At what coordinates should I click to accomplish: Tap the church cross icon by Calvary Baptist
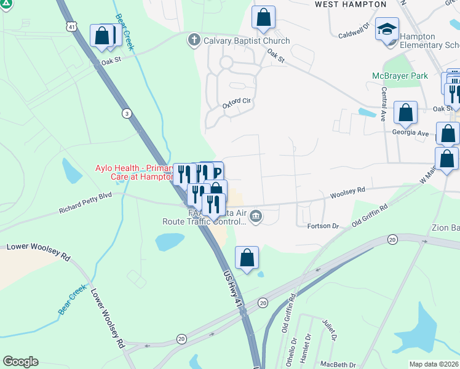pyautogui.click(x=194, y=41)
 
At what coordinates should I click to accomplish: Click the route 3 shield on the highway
pyautogui.click(x=126, y=113)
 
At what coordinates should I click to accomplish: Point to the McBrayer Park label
pyautogui.click(x=399, y=76)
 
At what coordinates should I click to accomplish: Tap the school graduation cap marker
pyautogui.click(x=387, y=30)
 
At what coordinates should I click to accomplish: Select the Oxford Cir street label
pyautogui.click(x=237, y=103)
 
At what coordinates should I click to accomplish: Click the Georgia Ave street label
pyautogui.click(x=410, y=132)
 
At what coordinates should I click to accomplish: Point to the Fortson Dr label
pyautogui.click(x=323, y=226)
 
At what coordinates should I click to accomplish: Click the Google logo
pyautogui.click(x=20, y=362)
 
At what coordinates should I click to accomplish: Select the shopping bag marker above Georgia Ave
pyautogui.click(x=405, y=113)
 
